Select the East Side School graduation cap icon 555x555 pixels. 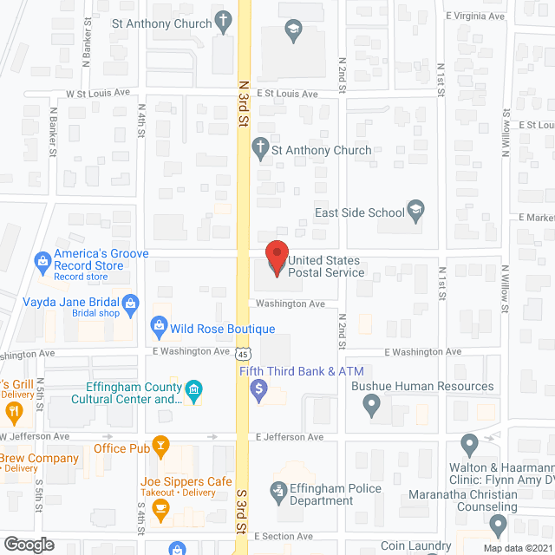click(x=415, y=210)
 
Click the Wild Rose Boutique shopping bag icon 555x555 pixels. click(x=159, y=327)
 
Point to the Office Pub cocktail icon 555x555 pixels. click(x=160, y=447)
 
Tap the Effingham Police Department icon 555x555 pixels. click(x=278, y=493)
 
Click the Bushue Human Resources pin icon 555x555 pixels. click(x=372, y=403)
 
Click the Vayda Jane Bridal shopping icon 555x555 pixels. click(x=130, y=303)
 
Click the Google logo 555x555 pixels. click(x=28, y=544)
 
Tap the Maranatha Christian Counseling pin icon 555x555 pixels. click(x=498, y=525)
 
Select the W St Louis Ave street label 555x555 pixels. click(x=98, y=94)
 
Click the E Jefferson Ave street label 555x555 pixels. click(x=289, y=437)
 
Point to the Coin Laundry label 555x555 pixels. click(x=416, y=545)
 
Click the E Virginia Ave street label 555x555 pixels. click(x=475, y=16)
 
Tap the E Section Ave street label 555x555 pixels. click(x=284, y=537)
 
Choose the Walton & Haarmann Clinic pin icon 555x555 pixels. click(x=470, y=447)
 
